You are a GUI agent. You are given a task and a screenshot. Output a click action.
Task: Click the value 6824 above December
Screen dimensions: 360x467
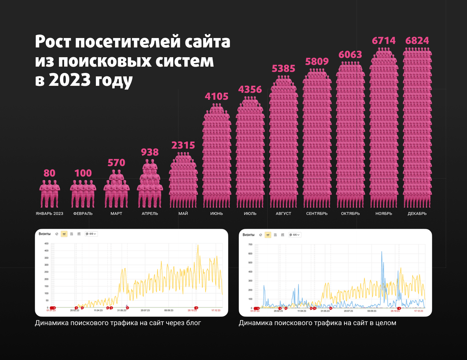click(x=417, y=41)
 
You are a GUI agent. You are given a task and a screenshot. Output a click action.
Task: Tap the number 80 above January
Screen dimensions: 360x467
click(x=49, y=173)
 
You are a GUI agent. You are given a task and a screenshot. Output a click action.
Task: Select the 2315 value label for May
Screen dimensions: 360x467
click(x=183, y=145)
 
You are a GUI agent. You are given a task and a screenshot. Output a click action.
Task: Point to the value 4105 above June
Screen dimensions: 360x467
click(x=216, y=96)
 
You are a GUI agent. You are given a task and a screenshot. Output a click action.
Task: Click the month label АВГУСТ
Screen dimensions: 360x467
click(x=283, y=213)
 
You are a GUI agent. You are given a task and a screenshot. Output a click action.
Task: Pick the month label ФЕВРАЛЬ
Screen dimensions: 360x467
click(x=83, y=213)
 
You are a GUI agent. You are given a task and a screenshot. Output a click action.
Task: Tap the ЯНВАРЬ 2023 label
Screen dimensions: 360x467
click(x=49, y=213)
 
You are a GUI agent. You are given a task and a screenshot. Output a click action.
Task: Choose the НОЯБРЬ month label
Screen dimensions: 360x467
click(x=384, y=213)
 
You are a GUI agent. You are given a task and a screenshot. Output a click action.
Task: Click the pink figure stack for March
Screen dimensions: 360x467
click(x=116, y=190)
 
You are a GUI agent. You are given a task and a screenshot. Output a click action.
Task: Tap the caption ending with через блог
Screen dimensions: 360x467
click(x=118, y=323)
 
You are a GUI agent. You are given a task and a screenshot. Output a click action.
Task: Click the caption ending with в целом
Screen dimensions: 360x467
click(x=317, y=323)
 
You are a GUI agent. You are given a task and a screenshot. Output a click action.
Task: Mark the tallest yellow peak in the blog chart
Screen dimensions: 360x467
click(x=198, y=245)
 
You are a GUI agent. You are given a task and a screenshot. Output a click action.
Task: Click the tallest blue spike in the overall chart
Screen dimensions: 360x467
click(x=382, y=252)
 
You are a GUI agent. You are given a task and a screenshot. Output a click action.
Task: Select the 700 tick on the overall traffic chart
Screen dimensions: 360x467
click(x=250, y=245)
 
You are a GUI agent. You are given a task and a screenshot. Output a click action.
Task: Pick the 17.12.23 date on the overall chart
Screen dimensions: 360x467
click(x=419, y=310)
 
